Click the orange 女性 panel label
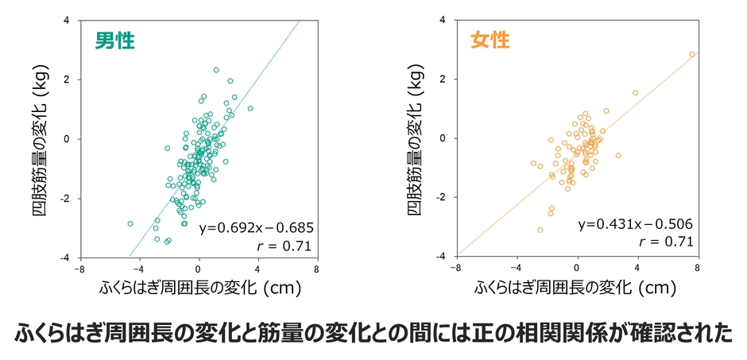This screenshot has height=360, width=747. pos(490,40)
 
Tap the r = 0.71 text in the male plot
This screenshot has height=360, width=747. pos(281,246)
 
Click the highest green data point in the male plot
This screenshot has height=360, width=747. pos(216,70)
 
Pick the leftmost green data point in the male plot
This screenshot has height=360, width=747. pos(130,223)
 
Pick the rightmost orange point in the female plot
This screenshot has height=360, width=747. pos(692,55)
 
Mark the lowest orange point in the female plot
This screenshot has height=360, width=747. pos(540,230)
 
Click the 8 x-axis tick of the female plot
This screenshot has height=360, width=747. pos(697,268)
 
